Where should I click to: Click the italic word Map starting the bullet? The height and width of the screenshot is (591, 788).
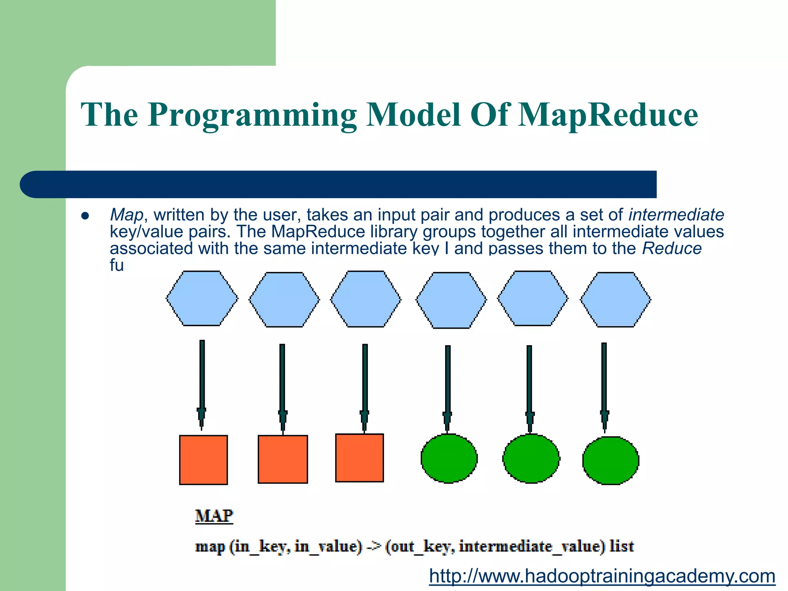[x=126, y=215]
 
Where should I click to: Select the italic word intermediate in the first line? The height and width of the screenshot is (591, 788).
[x=676, y=215]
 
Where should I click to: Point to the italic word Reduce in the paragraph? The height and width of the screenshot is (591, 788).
[x=672, y=249]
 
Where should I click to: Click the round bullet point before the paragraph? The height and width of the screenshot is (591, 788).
[x=85, y=216]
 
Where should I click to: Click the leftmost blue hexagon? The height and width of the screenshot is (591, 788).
[x=202, y=299]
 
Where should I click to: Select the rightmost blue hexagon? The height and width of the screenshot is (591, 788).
[x=615, y=299]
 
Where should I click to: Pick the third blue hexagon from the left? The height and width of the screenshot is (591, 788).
[x=366, y=299]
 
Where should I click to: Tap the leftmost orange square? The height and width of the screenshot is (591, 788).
[x=204, y=460]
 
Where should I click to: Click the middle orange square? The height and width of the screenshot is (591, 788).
[x=283, y=459]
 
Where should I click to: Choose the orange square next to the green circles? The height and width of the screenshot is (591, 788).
[x=359, y=458]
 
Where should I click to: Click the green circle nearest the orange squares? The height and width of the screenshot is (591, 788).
[x=449, y=458]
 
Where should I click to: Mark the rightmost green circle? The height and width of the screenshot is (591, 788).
[x=611, y=460]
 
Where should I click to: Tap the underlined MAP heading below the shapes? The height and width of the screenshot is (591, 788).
[x=214, y=516]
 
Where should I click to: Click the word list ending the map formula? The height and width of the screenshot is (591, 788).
[x=621, y=546]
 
